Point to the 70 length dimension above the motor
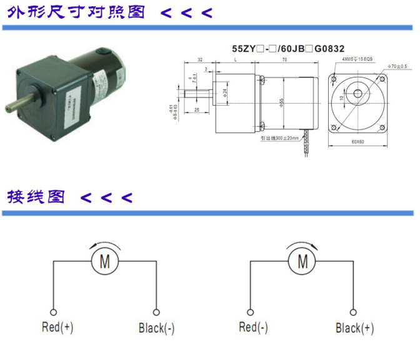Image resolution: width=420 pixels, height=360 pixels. tap(285, 60)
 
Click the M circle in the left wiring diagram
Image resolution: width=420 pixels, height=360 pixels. tap(104, 261)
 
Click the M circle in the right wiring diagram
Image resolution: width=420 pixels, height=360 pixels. tap(302, 261)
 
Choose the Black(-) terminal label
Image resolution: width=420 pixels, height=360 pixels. tap(156, 327)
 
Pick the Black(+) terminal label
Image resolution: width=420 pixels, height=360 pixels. tap(355, 327)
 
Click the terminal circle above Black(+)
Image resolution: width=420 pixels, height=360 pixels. tap(353, 311)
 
